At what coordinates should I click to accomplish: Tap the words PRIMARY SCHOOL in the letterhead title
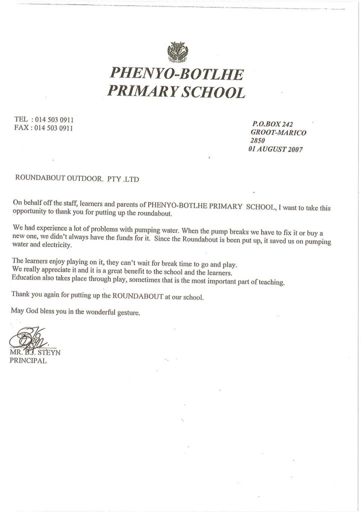click(176, 92)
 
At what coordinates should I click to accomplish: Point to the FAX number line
click(45, 128)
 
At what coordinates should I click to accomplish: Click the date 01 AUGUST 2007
click(275, 149)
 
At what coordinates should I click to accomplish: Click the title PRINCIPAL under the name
click(28, 362)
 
